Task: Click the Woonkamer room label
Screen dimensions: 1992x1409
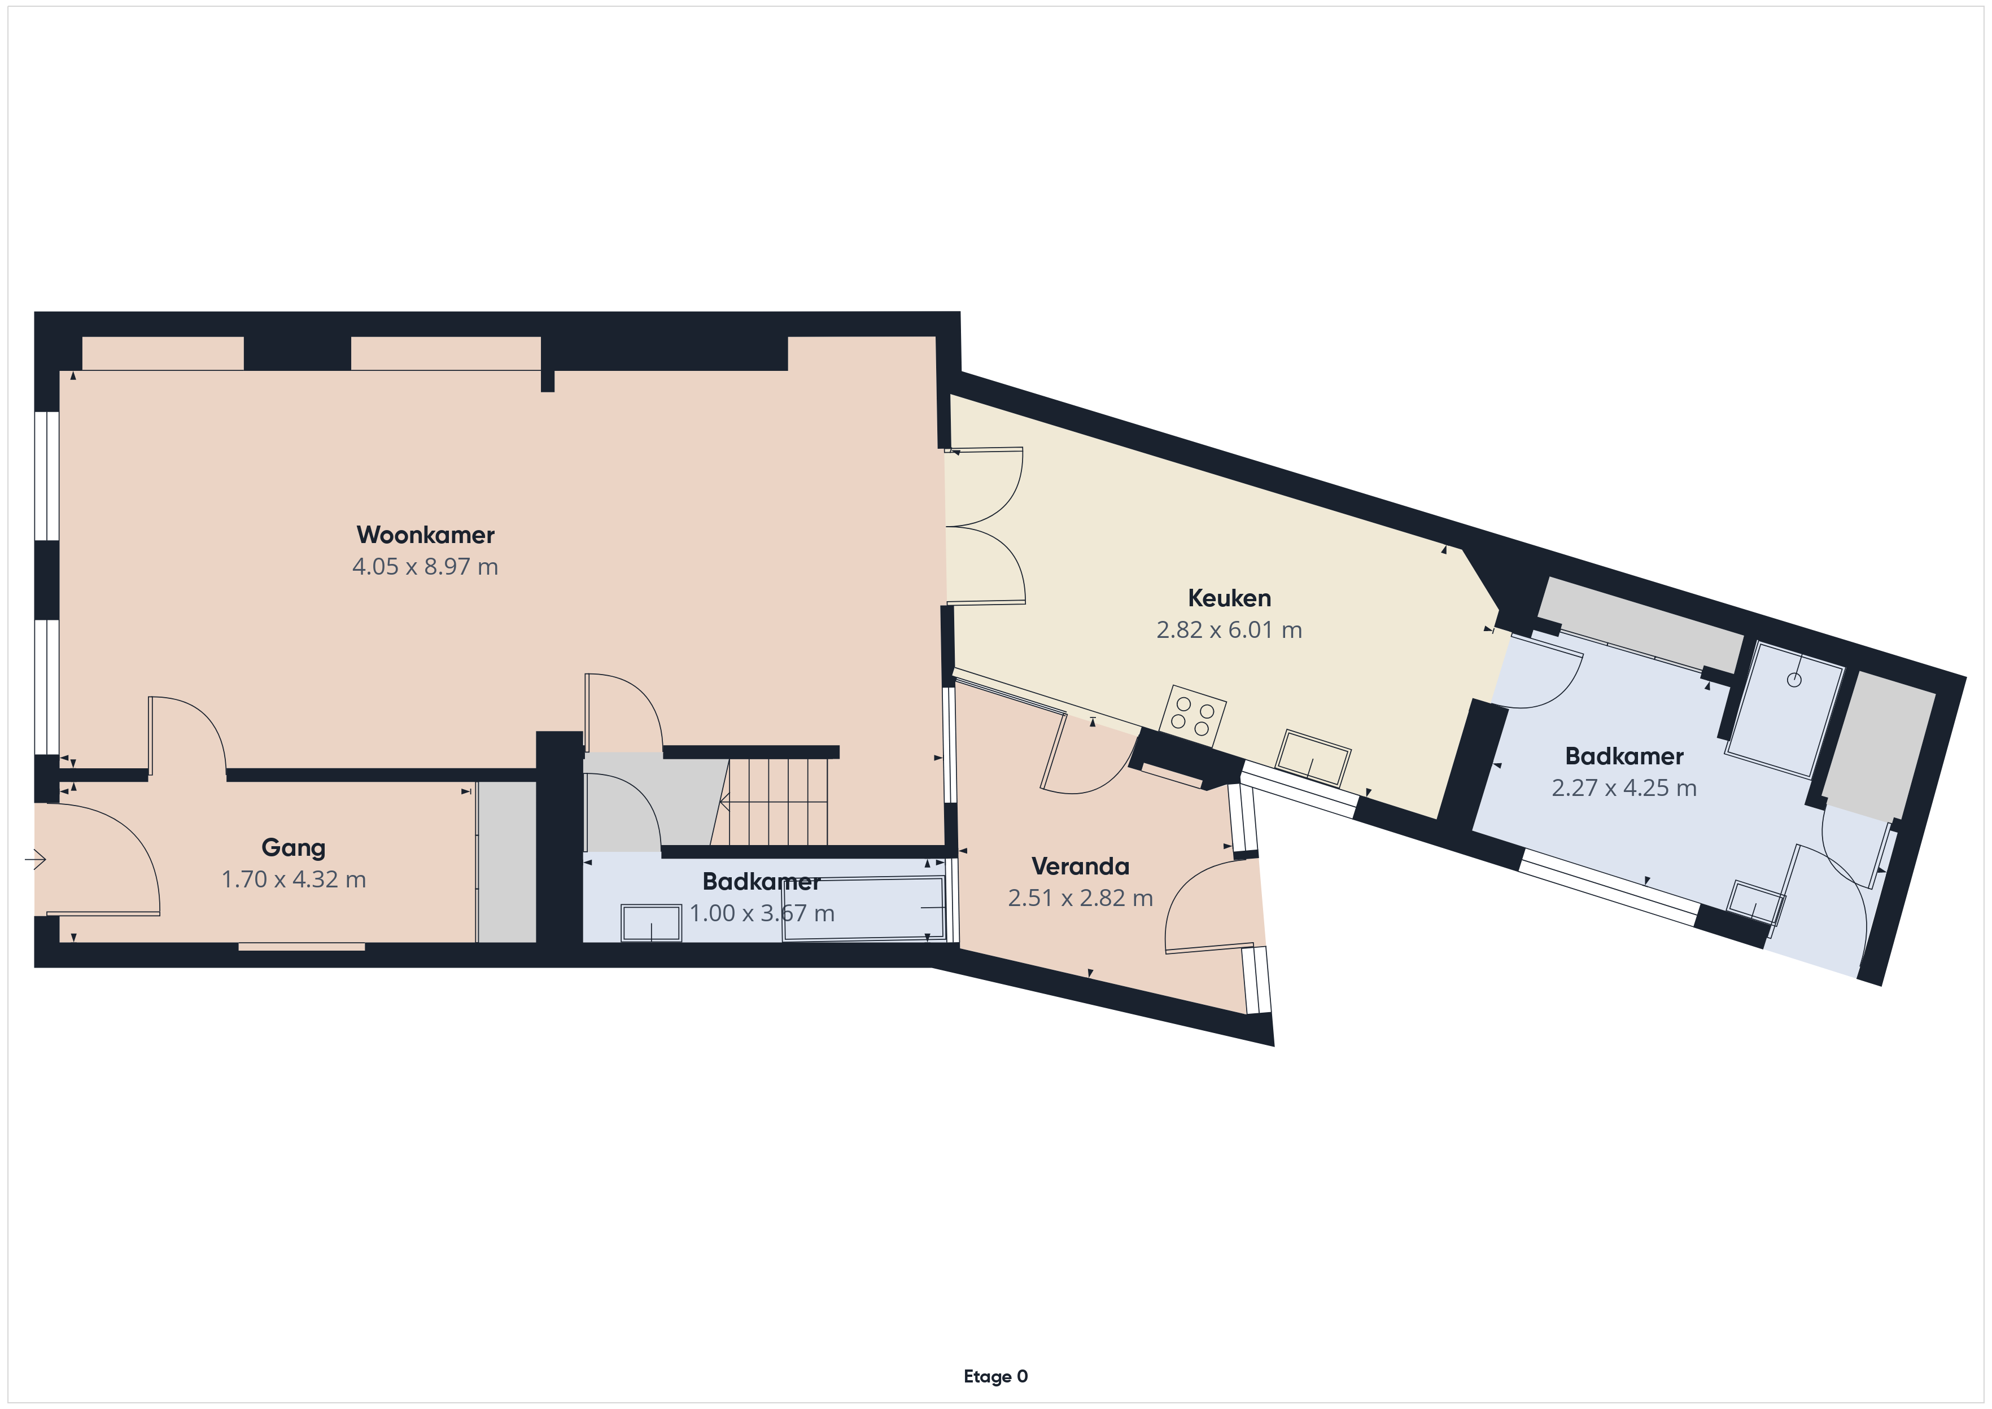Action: click(x=425, y=535)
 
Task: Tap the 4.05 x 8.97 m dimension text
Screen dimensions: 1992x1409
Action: click(x=425, y=567)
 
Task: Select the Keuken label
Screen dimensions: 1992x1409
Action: click(x=1229, y=598)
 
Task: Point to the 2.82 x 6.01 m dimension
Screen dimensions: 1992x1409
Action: click(x=1229, y=630)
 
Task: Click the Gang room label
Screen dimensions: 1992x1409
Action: click(x=293, y=848)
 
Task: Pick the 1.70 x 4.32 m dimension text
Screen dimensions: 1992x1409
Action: click(x=293, y=879)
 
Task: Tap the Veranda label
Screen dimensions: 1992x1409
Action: click(x=1080, y=866)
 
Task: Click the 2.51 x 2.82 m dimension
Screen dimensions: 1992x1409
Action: click(x=1080, y=898)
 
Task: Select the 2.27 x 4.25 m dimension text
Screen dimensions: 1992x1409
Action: click(x=1624, y=788)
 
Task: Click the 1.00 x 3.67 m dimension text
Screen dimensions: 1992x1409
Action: click(x=762, y=913)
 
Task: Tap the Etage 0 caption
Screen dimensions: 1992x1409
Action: click(x=995, y=1376)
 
